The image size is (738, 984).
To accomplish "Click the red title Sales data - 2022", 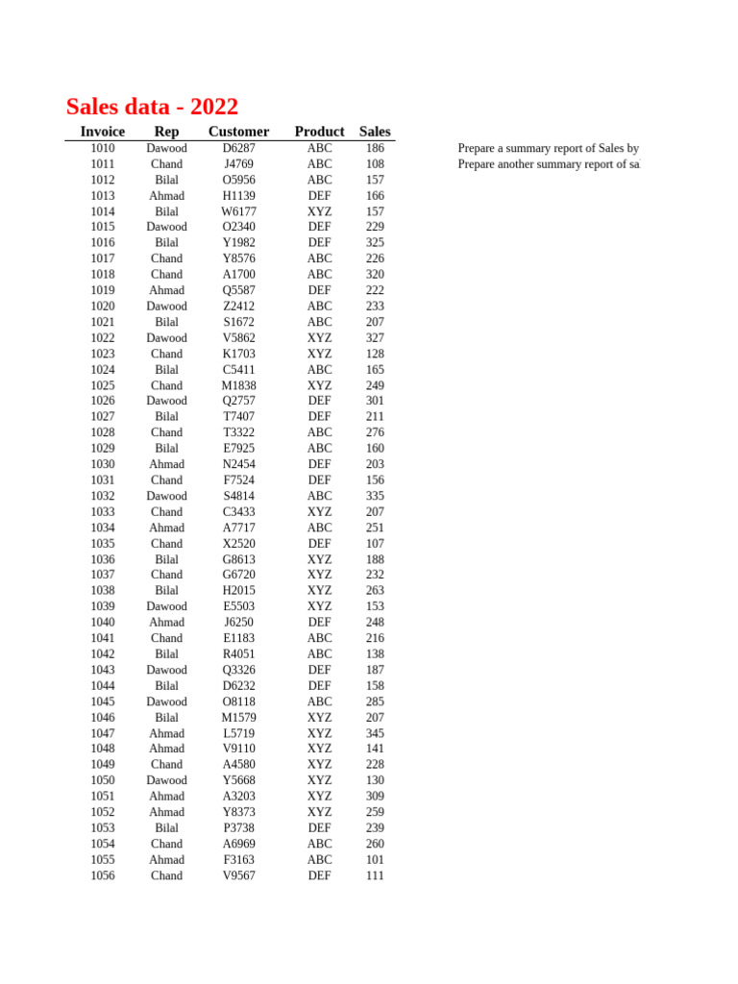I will pyautogui.click(x=152, y=107).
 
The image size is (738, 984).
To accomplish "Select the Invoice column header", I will pyautogui.click(x=102, y=132).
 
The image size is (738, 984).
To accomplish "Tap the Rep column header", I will pyautogui.click(x=166, y=132).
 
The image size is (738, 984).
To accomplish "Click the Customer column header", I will pyautogui.click(x=238, y=132).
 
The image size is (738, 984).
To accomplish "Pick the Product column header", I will pyautogui.click(x=319, y=132).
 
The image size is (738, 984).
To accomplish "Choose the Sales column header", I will pyautogui.click(x=375, y=132).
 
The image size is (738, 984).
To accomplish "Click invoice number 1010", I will pyautogui.click(x=102, y=149).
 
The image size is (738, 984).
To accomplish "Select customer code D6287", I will pyautogui.click(x=238, y=149).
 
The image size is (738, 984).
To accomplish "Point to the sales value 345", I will pyautogui.click(x=375, y=733).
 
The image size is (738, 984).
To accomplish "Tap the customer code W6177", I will pyautogui.click(x=238, y=211).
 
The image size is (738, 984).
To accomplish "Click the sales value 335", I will pyautogui.click(x=375, y=496).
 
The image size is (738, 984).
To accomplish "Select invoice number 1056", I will pyautogui.click(x=102, y=875).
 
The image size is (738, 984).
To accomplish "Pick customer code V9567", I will pyautogui.click(x=238, y=875).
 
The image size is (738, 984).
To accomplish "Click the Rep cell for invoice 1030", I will pyautogui.click(x=166, y=464).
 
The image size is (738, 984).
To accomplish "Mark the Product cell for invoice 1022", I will pyautogui.click(x=319, y=338).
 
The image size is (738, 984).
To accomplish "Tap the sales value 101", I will pyautogui.click(x=375, y=860).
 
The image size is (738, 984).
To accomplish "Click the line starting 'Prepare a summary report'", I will pyautogui.click(x=548, y=149).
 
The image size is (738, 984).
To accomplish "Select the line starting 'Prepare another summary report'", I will pyautogui.click(x=548, y=164).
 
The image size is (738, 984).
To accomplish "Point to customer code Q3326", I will pyautogui.click(x=238, y=670).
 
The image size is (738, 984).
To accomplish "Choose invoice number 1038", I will pyautogui.click(x=102, y=591).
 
